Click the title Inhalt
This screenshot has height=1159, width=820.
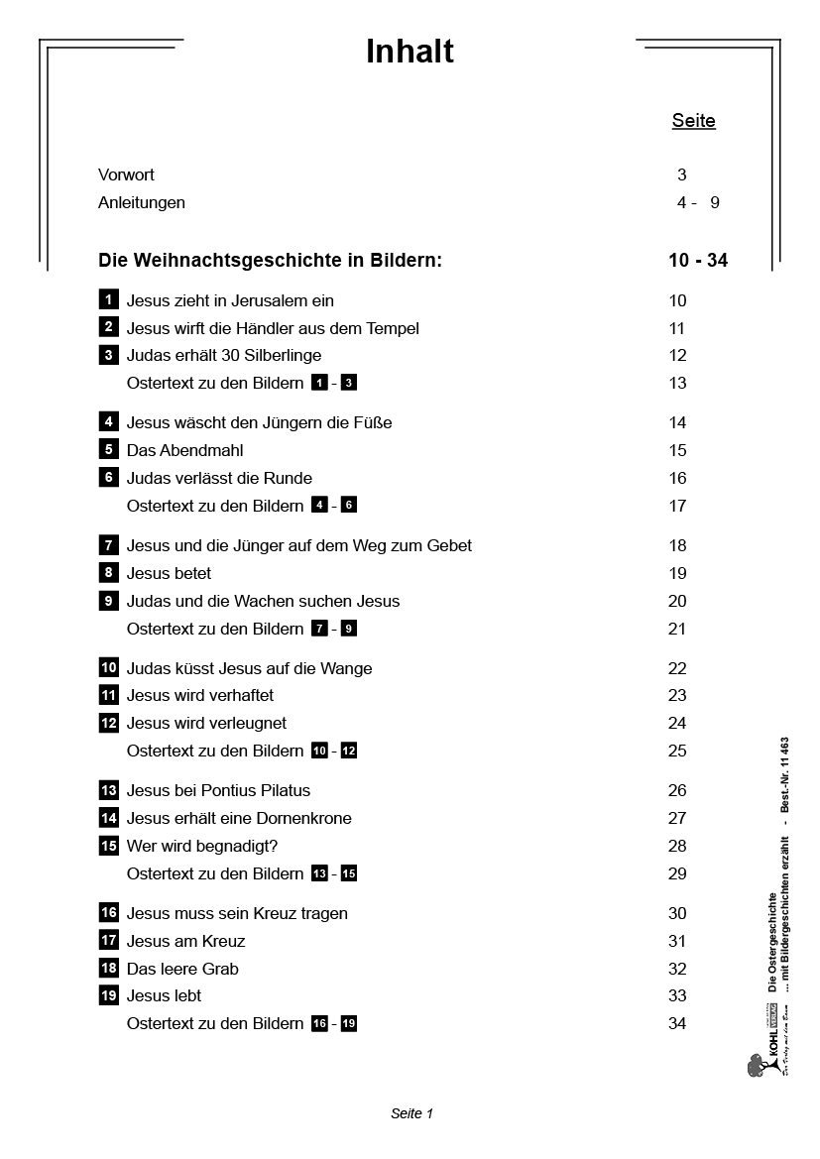click(410, 52)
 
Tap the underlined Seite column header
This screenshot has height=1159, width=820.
click(693, 121)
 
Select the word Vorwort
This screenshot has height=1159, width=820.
click(126, 175)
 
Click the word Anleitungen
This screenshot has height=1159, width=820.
click(142, 203)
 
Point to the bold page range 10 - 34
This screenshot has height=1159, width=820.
click(698, 261)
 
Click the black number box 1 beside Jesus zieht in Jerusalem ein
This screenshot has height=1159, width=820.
click(108, 299)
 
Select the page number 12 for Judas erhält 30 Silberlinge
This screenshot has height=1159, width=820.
click(677, 356)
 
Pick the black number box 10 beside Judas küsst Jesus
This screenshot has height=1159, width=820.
click(109, 667)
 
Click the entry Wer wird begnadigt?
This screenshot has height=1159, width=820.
click(202, 846)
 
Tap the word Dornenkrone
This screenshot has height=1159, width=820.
click(301, 819)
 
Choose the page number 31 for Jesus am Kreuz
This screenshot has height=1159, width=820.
click(677, 941)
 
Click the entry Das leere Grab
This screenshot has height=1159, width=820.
click(182, 969)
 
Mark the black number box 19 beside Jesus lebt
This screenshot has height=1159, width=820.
click(109, 995)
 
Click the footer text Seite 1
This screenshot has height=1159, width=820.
click(411, 1113)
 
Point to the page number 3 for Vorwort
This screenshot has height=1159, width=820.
click(682, 175)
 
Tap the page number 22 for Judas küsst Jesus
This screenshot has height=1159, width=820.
click(677, 668)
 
